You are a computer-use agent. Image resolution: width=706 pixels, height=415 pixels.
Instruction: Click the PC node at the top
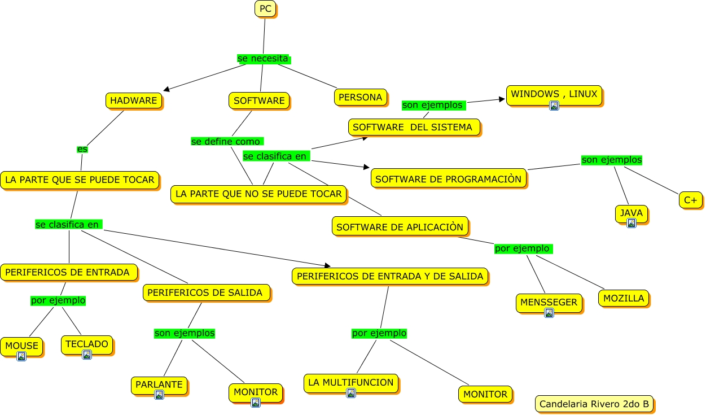265,8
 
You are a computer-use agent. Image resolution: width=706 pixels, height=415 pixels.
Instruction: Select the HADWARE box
133,101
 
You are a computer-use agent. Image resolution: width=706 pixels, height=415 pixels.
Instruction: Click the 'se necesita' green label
263,58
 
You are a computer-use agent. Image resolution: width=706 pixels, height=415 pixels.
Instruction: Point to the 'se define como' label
226,141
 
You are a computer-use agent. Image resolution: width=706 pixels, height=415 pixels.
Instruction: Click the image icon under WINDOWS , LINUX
554,106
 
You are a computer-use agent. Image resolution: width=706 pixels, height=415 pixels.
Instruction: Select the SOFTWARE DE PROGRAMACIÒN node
449,179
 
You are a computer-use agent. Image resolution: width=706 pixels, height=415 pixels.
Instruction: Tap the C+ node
691,199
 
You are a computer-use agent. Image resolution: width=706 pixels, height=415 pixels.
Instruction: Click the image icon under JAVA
631,223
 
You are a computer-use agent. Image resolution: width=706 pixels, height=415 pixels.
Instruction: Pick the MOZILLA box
624,298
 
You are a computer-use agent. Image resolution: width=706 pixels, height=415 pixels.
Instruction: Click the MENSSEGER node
549,302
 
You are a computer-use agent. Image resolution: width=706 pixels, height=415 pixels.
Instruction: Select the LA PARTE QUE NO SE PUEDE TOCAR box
258,194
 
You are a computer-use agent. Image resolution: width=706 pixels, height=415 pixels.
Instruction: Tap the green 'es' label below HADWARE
82,149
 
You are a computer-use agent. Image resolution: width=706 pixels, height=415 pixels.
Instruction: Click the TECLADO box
86,343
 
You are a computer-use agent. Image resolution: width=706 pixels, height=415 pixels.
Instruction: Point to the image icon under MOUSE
21,356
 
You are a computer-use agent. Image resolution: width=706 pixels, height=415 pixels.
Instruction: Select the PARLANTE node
159,385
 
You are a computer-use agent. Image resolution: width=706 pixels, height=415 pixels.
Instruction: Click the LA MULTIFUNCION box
350,382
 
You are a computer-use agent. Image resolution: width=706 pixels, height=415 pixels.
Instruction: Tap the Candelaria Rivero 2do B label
594,404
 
